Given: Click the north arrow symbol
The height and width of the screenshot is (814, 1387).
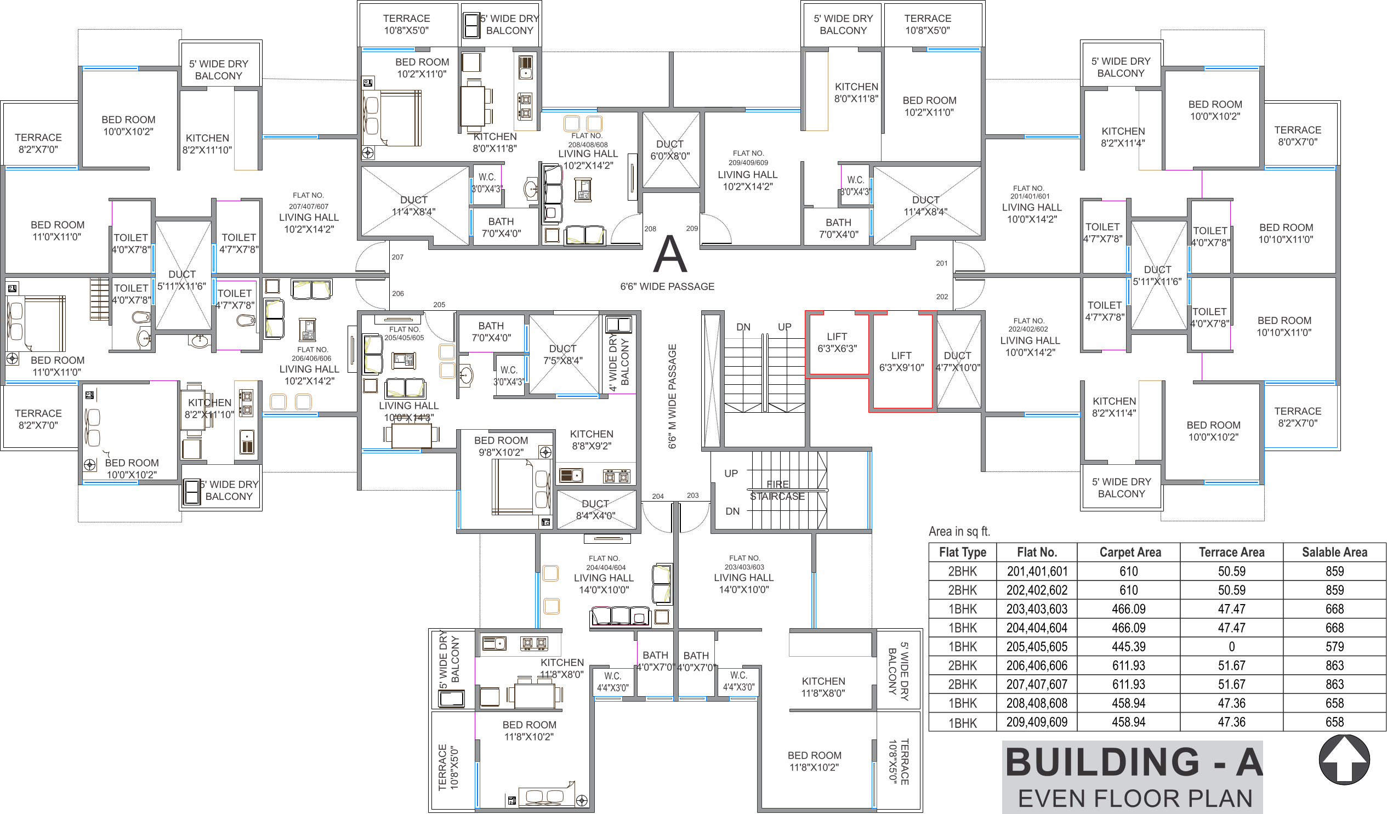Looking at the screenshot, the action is pyautogui.click(x=1344, y=760).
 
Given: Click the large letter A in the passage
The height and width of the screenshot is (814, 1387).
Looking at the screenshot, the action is pyautogui.click(x=670, y=254).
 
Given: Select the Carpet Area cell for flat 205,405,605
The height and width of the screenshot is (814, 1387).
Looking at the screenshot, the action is pyautogui.click(x=1128, y=647).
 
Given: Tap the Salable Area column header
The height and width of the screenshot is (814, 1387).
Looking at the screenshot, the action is pyautogui.click(x=1334, y=552).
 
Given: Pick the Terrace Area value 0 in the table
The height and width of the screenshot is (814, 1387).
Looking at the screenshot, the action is pyautogui.click(x=1231, y=647).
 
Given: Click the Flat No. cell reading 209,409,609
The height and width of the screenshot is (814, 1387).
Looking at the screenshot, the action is pyautogui.click(x=1036, y=722).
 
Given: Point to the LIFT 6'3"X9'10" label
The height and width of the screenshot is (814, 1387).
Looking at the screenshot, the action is pyautogui.click(x=901, y=362).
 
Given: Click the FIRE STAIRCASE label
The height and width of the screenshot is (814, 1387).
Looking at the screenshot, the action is pyautogui.click(x=777, y=491).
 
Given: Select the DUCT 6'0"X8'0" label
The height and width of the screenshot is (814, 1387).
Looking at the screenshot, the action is pyautogui.click(x=670, y=150).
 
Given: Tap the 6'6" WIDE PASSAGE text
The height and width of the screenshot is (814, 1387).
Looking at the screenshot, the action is pyautogui.click(x=667, y=286).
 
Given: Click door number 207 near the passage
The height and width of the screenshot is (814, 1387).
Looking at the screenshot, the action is pyautogui.click(x=397, y=257).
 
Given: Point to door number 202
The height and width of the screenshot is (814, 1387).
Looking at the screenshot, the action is pyautogui.click(x=942, y=297).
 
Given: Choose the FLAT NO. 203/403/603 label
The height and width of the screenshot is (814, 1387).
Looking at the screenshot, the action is pyautogui.click(x=744, y=562).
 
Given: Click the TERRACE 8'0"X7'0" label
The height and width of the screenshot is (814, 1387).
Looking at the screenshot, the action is pyautogui.click(x=1297, y=136).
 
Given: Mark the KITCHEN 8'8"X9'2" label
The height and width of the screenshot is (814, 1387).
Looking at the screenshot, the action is pyautogui.click(x=591, y=440).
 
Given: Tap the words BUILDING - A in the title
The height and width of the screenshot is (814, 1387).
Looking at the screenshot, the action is pyautogui.click(x=1134, y=762).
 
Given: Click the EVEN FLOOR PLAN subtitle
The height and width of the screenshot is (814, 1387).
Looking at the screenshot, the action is pyautogui.click(x=1135, y=798).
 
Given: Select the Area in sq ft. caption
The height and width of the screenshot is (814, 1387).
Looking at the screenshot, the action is pyautogui.click(x=959, y=531).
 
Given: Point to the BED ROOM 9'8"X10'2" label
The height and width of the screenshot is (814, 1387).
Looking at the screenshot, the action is pyautogui.click(x=501, y=446).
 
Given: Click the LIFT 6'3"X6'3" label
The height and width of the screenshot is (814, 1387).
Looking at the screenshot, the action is pyautogui.click(x=837, y=343).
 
